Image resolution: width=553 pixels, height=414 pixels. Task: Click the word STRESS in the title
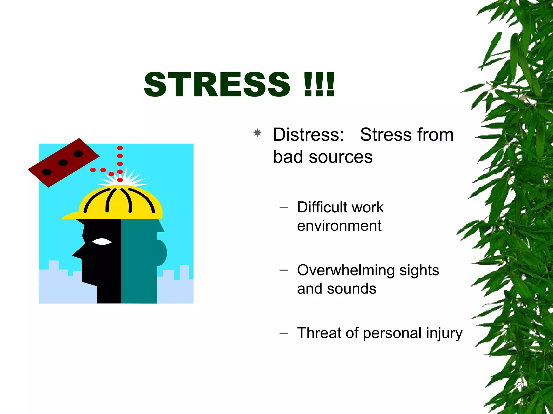pos(217,85)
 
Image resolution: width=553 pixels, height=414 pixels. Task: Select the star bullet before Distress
pos(258,133)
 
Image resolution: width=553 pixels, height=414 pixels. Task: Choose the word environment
pos(339,226)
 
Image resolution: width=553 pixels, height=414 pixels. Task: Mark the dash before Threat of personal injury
pos(284,333)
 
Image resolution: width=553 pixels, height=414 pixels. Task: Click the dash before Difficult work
pos(284,208)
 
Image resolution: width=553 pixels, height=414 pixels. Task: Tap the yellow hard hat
pos(119,203)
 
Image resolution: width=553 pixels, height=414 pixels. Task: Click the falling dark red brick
pos(63,163)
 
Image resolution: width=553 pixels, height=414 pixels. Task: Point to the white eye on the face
pos(102,241)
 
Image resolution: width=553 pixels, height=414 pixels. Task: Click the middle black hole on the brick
pos(63,163)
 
